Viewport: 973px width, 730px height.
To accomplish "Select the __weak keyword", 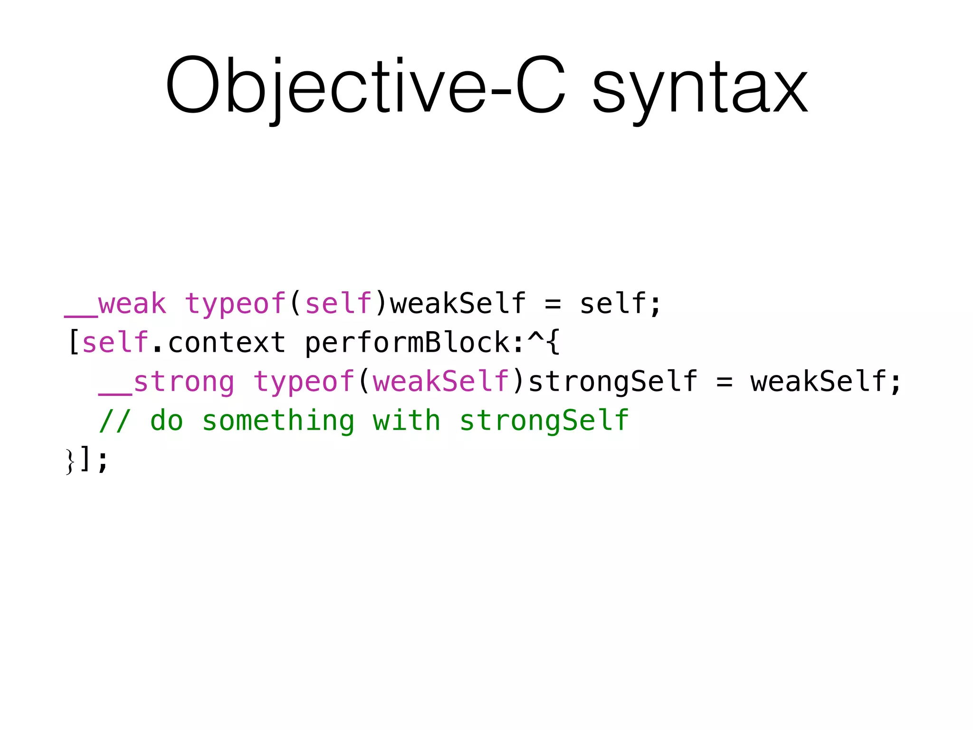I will pyautogui.click(x=115, y=304).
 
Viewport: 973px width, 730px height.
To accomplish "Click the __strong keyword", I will pyautogui.click(x=166, y=382).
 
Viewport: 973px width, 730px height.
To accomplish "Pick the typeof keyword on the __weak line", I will pyautogui.click(x=235, y=304).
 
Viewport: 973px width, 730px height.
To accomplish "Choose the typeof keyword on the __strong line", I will pyautogui.click(x=304, y=382).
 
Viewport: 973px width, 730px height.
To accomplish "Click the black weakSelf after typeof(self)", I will pyautogui.click(x=458, y=304).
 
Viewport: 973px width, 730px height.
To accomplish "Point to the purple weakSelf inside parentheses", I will pyautogui.click(x=441, y=382).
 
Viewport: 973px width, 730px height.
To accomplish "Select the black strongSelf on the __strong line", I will pyautogui.click(x=613, y=382).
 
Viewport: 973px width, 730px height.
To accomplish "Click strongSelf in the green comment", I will pyautogui.click(x=544, y=421).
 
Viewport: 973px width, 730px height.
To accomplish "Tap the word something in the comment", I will pyautogui.click(x=278, y=421).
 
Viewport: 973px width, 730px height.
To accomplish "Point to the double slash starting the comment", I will pyautogui.click(x=114, y=421).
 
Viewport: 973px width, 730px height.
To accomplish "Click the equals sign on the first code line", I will pyautogui.click(x=553, y=304).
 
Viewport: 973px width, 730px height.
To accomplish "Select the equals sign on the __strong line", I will pyautogui.click(x=724, y=382).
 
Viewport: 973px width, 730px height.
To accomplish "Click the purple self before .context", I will pyautogui.click(x=115, y=343).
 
